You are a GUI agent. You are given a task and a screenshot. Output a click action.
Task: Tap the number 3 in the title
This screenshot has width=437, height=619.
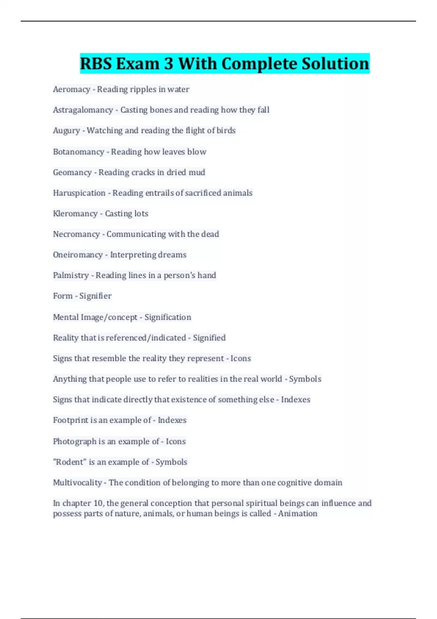click(168, 64)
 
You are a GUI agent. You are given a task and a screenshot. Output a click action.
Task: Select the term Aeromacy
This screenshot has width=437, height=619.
click(71, 89)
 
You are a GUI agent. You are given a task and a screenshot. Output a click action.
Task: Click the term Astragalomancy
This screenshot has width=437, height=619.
click(83, 110)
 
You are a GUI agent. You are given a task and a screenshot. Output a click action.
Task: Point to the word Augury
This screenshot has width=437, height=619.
click(66, 131)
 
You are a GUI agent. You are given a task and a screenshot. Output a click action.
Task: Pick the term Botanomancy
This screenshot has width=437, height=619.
click(78, 152)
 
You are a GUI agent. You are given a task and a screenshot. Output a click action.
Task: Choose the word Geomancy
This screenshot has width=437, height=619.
click(72, 172)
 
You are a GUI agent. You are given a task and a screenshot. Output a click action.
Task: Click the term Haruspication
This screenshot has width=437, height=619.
click(79, 193)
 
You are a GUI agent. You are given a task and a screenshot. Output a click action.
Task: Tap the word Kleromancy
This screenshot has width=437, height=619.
click(75, 214)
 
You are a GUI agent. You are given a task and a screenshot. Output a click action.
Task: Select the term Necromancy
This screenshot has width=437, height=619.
click(76, 234)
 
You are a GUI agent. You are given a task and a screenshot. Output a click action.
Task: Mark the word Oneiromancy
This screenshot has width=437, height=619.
click(78, 255)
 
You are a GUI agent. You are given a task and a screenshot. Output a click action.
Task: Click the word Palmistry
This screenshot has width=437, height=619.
click(71, 276)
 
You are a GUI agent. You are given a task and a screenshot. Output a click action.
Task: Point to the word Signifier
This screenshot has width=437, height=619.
click(95, 296)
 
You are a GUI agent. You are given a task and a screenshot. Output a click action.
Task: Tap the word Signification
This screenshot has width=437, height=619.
click(168, 318)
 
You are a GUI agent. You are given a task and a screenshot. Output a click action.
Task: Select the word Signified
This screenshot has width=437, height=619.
click(209, 338)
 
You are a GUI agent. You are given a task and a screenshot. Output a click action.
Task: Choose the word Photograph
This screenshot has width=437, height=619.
click(74, 442)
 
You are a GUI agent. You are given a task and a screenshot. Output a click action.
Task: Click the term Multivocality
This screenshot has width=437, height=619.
click(77, 483)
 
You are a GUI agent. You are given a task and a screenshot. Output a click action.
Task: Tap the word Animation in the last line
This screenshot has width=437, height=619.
click(298, 514)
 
